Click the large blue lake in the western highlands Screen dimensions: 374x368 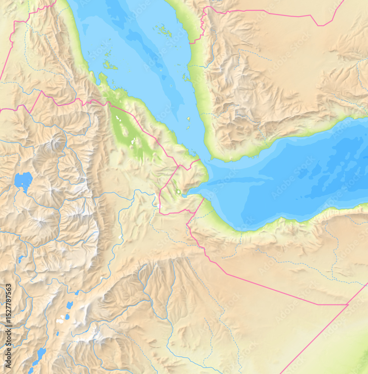click(x=23, y=180)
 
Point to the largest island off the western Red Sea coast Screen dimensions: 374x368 click(x=110, y=66)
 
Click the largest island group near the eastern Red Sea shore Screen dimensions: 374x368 click(x=164, y=30)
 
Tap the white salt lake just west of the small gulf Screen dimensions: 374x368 click(x=179, y=193)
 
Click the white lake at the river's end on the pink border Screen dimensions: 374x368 click(x=159, y=206)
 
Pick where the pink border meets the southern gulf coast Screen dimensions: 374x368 click(x=204, y=199)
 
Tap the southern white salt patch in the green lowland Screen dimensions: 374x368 click(x=133, y=141)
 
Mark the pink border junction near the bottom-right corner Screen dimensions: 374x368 click(x=348, y=304)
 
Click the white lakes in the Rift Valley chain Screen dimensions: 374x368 click(x=60, y=320)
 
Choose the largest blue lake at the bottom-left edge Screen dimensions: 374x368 click(x=40, y=353)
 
